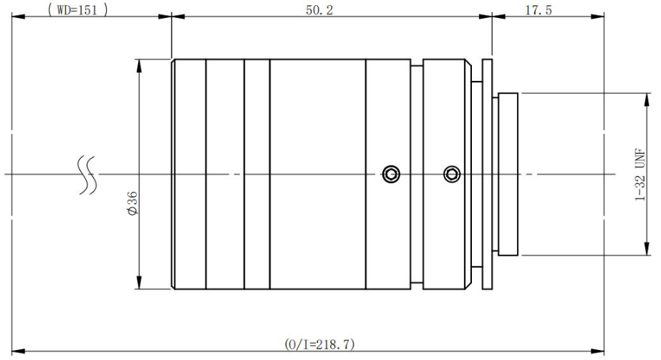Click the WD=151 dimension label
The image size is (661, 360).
coord(78,10)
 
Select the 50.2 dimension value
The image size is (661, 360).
coord(319,10)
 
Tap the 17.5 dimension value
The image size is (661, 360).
coord(539,10)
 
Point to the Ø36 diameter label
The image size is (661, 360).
coord(132,203)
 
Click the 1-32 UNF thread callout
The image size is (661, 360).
coord(640,175)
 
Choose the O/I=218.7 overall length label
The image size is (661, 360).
coord(319,344)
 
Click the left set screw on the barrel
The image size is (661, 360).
coord(392,173)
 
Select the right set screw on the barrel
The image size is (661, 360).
coord(452,173)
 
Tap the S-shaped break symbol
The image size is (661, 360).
coord(87,175)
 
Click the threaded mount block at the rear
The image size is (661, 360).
coord(508,175)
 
